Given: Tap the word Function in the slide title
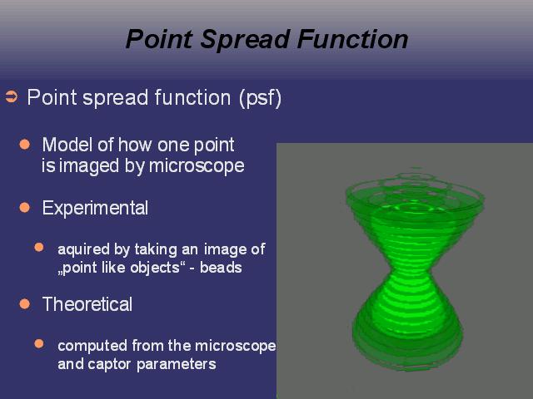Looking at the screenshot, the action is coord(352,39).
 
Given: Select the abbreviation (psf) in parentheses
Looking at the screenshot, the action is coord(261,98).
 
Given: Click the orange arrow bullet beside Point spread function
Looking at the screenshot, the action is coord(11,96).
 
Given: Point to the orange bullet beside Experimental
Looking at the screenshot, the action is coord(25,207).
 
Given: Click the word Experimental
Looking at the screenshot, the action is coord(95,208).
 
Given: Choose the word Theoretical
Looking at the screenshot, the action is coord(87,304).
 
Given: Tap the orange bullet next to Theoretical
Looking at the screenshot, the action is coord(25,303).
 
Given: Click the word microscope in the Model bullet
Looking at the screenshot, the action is coord(197,166).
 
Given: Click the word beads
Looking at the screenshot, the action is coord(221,268).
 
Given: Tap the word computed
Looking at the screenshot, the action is coord(92,347).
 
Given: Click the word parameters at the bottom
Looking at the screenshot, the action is coord(176,365).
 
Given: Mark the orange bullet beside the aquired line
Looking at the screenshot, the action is coord(39,247).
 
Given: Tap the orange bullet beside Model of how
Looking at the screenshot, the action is coord(25,144).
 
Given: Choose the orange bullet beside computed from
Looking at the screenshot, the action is coord(39,343).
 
